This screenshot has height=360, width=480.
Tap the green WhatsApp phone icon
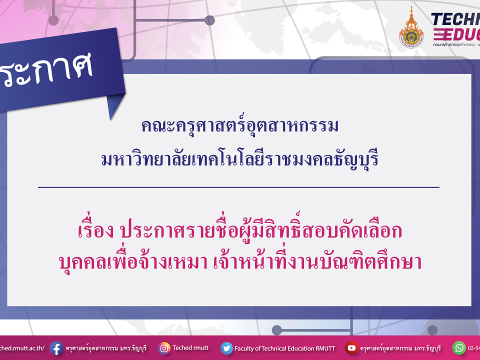459,347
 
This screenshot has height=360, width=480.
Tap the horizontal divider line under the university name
238,187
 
